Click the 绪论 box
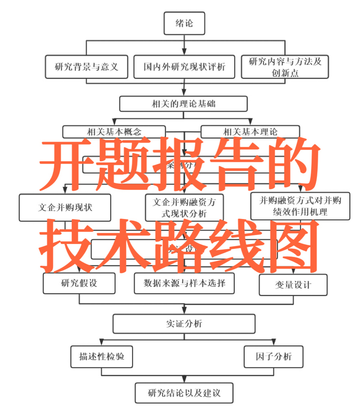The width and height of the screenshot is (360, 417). point(184,23)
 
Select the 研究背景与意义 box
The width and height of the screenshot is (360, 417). point(86,67)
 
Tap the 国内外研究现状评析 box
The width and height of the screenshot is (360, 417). point(184,67)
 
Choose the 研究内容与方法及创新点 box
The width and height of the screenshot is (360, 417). point(285,67)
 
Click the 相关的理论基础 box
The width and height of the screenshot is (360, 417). point(183,104)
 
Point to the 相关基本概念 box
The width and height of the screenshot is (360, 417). point(114,132)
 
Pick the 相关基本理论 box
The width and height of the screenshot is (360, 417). point(250,132)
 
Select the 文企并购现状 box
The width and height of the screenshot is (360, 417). point(65,208)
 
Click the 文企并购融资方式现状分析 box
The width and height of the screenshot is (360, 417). point(184,208)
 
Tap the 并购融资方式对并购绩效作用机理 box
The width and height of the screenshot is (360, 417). point(300,206)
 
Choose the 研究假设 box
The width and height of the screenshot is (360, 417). point(79,283)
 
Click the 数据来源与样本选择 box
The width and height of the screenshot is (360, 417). point(184,283)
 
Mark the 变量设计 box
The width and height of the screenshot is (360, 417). point(293,285)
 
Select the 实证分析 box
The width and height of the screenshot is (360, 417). point(184,324)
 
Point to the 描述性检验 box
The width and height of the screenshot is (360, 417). point(102,356)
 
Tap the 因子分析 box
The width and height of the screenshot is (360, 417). point(273,356)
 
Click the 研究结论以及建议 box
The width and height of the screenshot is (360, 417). point(184,393)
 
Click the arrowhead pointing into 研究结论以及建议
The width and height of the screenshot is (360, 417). point(184,379)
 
